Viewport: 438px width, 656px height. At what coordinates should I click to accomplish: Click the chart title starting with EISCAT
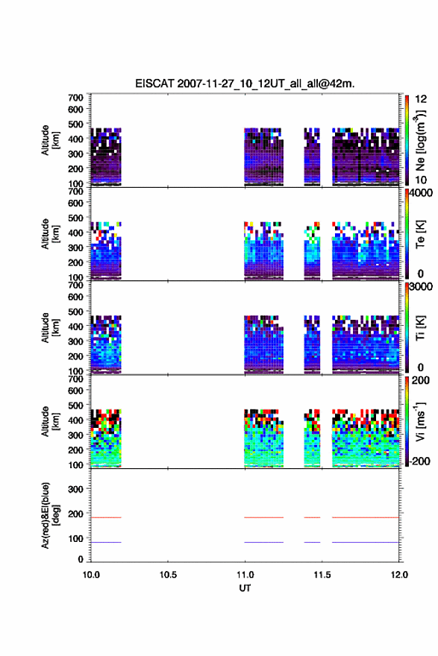click(245, 83)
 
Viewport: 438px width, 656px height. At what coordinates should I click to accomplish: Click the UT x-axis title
click(245, 588)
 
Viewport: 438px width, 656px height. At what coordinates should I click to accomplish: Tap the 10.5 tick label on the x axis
click(168, 575)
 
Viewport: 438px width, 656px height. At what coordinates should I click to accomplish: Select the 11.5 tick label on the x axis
click(322, 575)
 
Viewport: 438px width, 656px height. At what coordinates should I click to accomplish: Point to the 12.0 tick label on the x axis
click(399, 575)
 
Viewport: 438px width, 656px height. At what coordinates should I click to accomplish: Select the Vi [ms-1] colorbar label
click(420, 421)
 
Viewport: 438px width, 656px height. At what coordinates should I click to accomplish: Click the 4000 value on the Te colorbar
click(421, 193)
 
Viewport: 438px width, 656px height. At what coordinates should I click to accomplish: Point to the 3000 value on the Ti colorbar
click(421, 286)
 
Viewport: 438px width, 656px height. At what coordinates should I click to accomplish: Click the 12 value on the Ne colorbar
click(421, 99)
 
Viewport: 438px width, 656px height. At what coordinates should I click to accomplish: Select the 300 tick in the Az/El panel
click(76, 489)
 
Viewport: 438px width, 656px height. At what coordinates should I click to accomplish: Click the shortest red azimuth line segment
click(312, 517)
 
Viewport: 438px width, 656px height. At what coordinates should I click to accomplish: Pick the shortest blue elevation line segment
click(312, 542)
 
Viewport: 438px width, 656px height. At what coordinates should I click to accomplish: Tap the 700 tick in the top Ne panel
click(76, 98)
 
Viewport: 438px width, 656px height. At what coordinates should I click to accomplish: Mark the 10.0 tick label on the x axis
click(91, 575)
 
